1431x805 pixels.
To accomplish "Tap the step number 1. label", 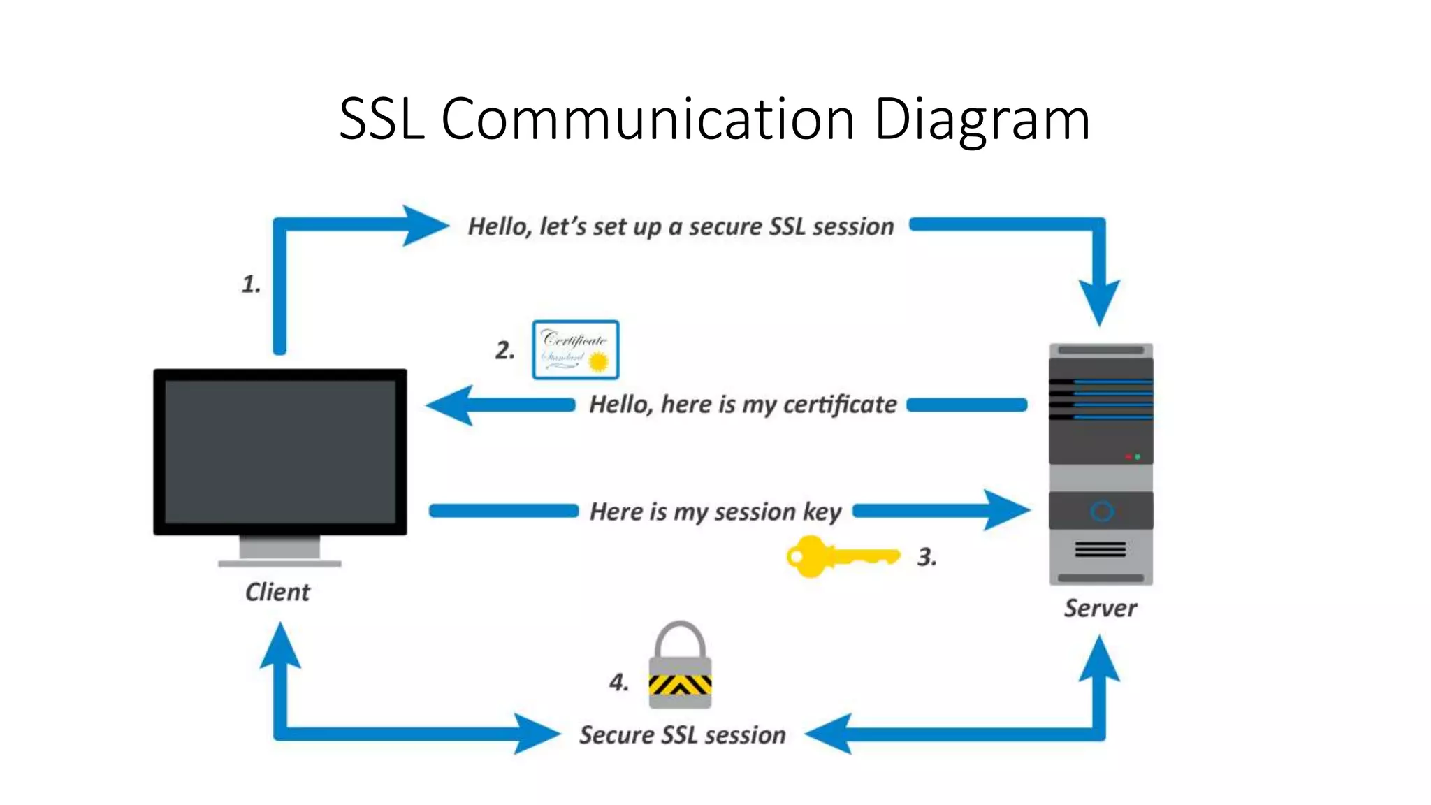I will pyautogui.click(x=251, y=284).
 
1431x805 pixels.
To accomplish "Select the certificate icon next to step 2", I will pyautogui.click(x=575, y=350).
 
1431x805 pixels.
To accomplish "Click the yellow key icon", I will pyautogui.click(x=841, y=556).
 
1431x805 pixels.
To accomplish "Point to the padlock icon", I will pyautogui.click(x=680, y=667).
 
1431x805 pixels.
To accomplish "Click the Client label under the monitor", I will pyautogui.click(x=277, y=592).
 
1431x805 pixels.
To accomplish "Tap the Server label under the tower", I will pyautogui.click(x=1100, y=608).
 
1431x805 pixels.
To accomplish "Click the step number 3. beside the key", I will pyautogui.click(x=927, y=557).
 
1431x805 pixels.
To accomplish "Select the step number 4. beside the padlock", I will pyautogui.click(x=618, y=682).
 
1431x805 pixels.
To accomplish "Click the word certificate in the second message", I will pyautogui.click(x=840, y=405).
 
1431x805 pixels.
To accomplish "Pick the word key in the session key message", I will pyautogui.click(x=822, y=512).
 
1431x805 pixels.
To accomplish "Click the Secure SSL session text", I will pyautogui.click(x=682, y=735).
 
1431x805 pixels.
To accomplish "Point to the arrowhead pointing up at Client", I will pyautogui.click(x=280, y=646).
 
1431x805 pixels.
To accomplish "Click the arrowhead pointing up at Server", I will pyautogui.click(x=1099, y=659).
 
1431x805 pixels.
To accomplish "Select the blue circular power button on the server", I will pyautogui.click(x=1101, y=512).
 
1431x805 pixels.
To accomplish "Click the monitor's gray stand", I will pyautogui.click(x=279, y=549).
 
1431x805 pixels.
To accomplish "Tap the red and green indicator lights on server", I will pyautogui.click(x=1133, y=456).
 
